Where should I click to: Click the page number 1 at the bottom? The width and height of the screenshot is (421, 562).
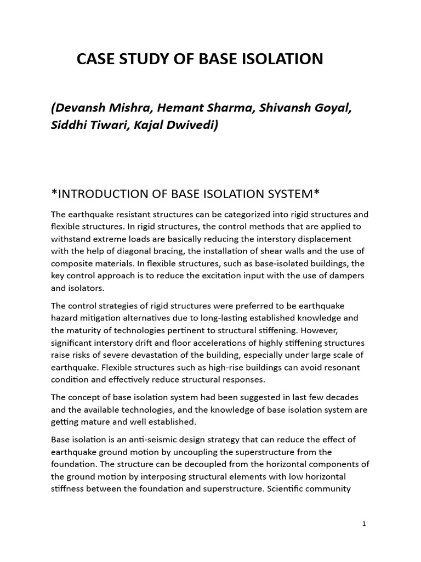pos(364,524)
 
